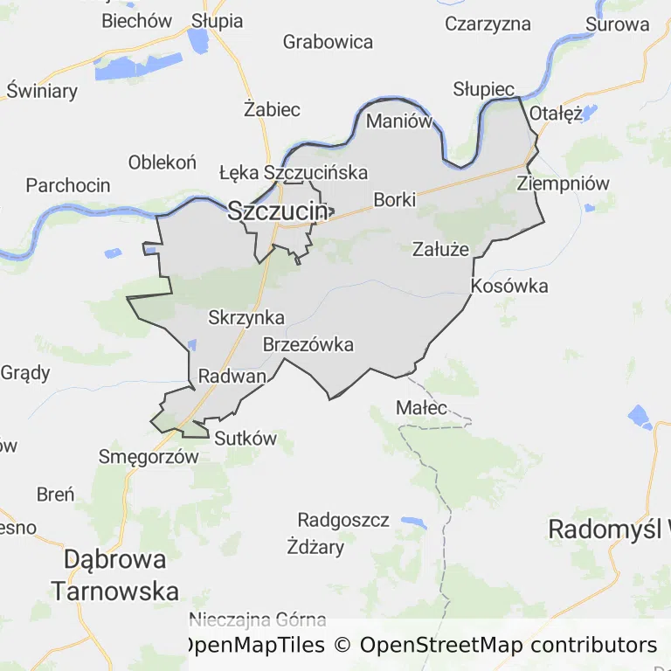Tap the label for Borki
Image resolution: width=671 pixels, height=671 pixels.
pos(394,199)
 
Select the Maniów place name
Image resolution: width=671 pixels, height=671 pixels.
pos(398,121)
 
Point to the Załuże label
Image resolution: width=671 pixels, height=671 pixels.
pos(440,249)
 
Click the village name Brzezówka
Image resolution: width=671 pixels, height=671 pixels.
pos(308,344)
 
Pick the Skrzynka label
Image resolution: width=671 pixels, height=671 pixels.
pos(246,318)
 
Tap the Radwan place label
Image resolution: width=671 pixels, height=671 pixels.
pos(232,377)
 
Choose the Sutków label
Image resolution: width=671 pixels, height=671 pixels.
pos(245,439)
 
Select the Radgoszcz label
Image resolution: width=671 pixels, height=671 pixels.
pos(343,520)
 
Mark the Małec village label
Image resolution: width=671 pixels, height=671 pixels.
pos(421,407)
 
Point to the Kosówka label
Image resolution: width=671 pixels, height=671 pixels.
pos(509,286)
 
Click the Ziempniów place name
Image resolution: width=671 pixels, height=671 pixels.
pos(563,183)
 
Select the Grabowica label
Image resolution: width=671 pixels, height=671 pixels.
pos(328,41)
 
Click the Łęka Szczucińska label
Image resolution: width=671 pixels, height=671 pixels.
pos(294,172)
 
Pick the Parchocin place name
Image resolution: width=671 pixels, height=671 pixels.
pos(68,184)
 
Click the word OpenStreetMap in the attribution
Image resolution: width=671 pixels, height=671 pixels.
pos(441,646)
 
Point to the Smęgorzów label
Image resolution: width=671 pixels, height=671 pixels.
pos(143,456)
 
